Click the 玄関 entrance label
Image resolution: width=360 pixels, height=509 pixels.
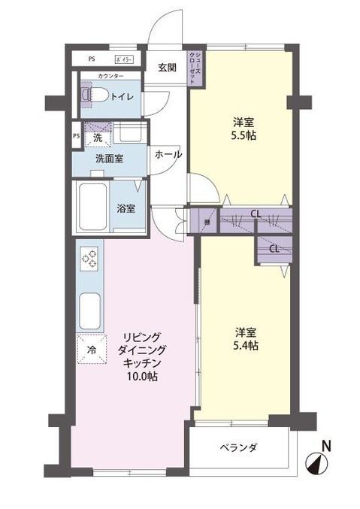(x=166, y=68)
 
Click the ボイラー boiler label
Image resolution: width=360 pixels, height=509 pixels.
(x=124, y=59)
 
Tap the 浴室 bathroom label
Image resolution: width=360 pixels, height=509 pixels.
(x=126, y=208)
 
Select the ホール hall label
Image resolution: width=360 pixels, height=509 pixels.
(x=168, y=154)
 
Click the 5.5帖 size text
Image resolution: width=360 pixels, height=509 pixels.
(x=241, y=138)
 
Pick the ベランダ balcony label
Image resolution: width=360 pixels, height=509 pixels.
(x=239, y=448)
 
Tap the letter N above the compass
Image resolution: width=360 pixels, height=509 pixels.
(x=325, y=445)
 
